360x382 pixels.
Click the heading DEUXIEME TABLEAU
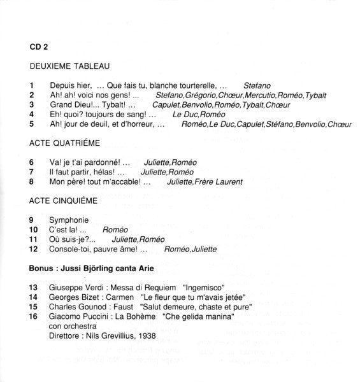coord(70,66)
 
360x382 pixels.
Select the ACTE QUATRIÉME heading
coord(66,144)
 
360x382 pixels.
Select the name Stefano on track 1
coord(257,85)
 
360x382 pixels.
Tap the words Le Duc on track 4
coord(185,114)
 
